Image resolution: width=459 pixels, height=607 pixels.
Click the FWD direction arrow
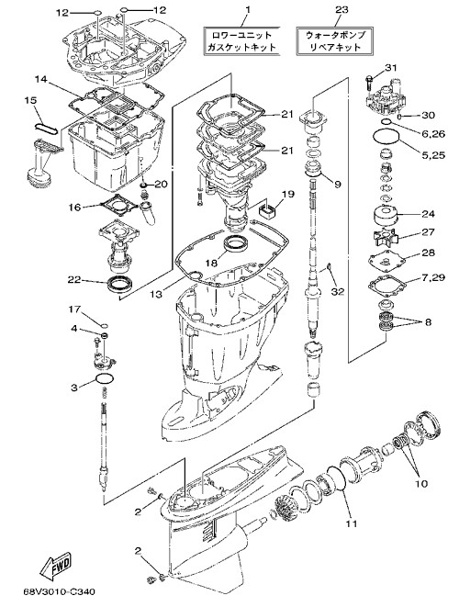pos(55,563)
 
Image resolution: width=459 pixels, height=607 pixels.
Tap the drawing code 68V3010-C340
pos(59,591)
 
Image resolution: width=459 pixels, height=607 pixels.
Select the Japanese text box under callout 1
pos(241,41)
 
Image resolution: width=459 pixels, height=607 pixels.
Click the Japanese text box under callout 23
pos(334,40)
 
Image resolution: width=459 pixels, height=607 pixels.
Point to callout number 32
pos(338,291)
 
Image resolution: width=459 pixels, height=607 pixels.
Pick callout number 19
pos(287,194)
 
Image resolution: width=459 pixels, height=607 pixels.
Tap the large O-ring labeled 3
pos(105,380)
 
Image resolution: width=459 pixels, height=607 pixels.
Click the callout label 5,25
pos(431,155)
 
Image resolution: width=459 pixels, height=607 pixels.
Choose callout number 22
pos(74,279)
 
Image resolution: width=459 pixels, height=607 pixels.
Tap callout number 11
pos(351,523)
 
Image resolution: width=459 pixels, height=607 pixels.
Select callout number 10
pos(421,484)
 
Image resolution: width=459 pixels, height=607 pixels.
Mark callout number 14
pos(40,79)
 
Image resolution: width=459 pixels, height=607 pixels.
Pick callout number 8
pos(428,322)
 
